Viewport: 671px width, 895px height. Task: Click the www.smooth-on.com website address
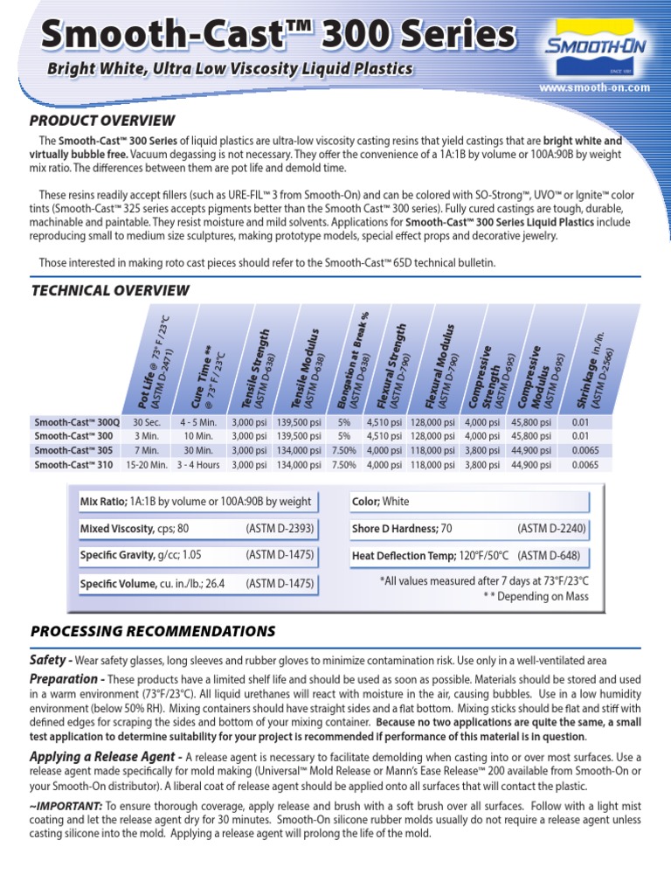tap(594, 87)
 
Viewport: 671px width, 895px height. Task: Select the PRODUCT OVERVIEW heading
tap(102, 121)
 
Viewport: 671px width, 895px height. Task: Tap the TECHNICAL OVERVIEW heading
tap(109, 290)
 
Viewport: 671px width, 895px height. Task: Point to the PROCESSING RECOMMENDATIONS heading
tap(153, 631)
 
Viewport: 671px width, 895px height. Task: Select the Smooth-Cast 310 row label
tap(73, 465)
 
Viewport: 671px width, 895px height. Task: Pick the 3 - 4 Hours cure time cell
tap(198, 465)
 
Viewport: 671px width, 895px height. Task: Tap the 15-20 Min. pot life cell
tap(146, 465)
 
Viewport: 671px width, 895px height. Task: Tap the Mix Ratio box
tap(197, 502)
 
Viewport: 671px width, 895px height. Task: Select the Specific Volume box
tap(197, 583)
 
